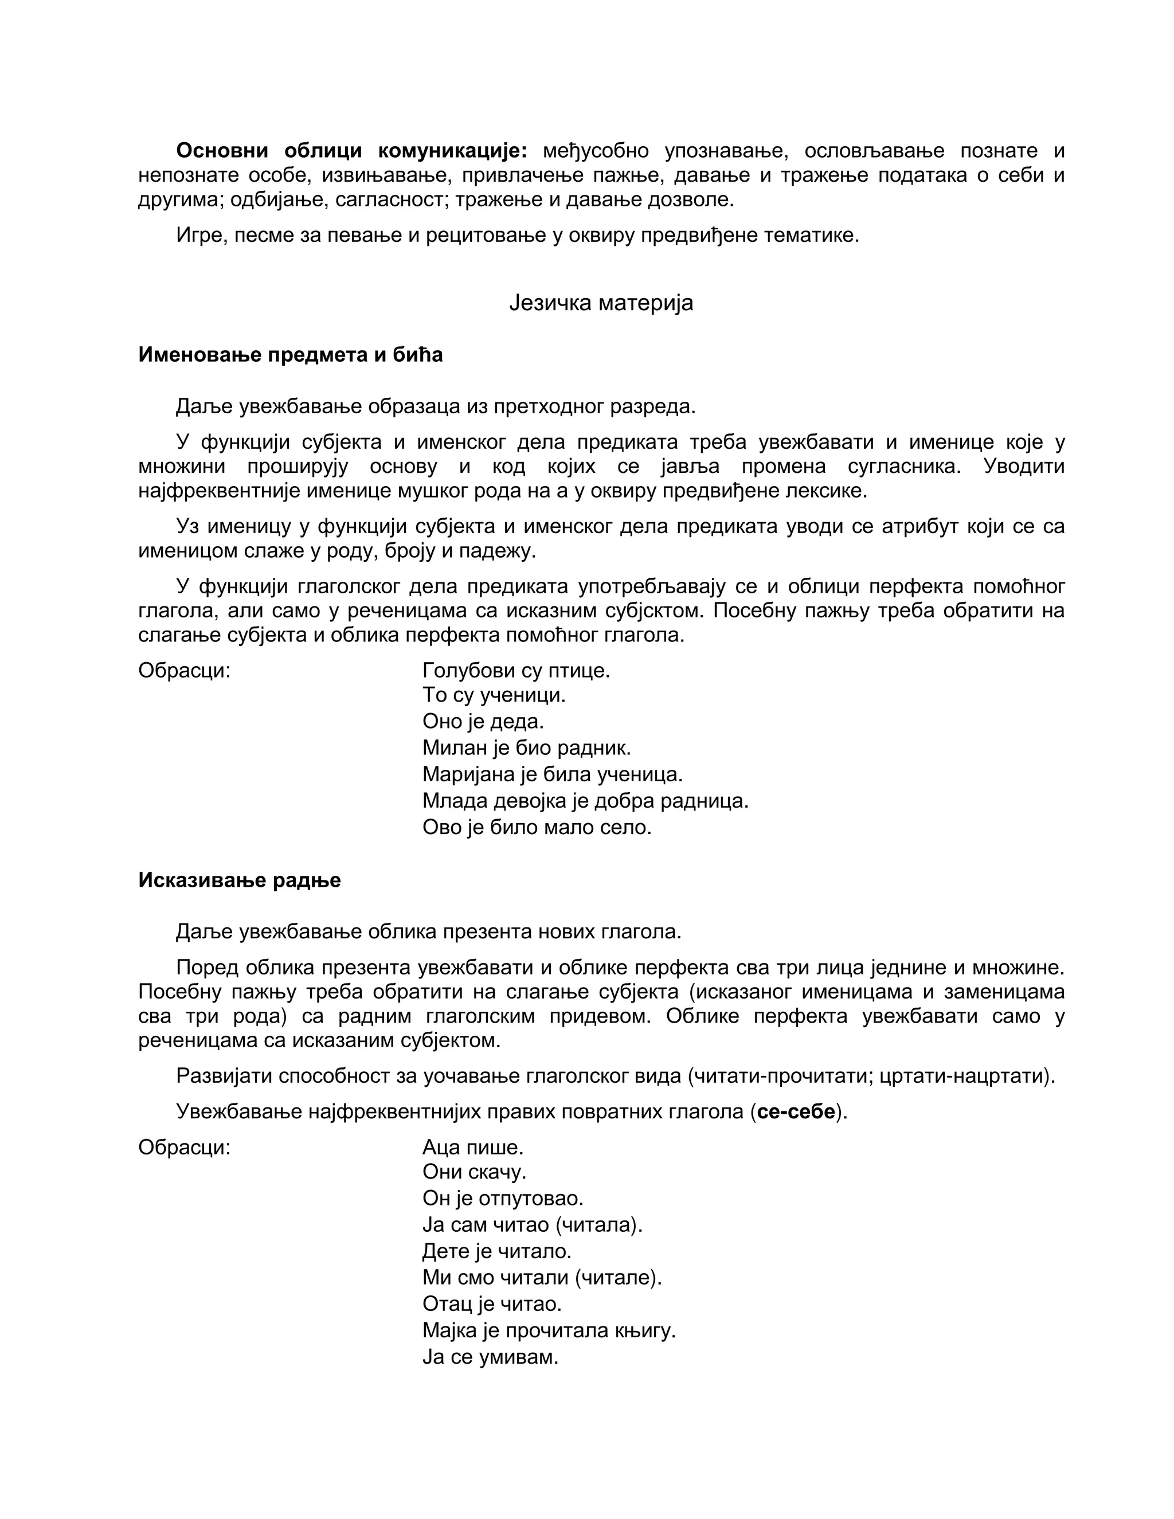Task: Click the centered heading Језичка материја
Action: pyautogui.click(x=601, y=303)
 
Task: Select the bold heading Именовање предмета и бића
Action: pyautogui.click(x=290, y=355)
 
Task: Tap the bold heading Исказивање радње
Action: pyautogui.click(x=239, y=880)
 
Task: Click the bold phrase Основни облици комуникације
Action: pyautogui.click(x=351, y=150)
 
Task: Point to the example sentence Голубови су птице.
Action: pyautogui.click(x=515, y=671)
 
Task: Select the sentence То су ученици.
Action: pyautogui.click(x=494, y=695)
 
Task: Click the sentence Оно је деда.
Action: pyautogui.click(x=483, y=721)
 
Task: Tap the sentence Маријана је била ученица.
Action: pyautogui.click(x=552, y=774)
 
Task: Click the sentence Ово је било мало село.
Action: pyautogui.click(x=536, y=828)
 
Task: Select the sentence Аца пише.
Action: pyautogui.click(x=472, y=1147)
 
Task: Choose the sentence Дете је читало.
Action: pyautogui.click(x=496, y=1251)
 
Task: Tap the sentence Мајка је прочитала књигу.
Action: pyautogui.click(x=549, y=1330)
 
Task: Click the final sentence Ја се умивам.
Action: pyautogui.click(x=490, y=1357)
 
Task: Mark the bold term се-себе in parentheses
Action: pyautogui.click(x=796, y=1112)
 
